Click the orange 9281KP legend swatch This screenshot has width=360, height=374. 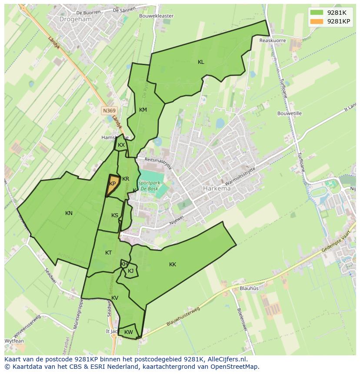tap(317, 21)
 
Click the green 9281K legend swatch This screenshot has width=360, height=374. tap(317, 13)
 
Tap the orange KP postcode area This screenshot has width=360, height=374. tap(112, 184)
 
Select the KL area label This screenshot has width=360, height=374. tap(201, 62)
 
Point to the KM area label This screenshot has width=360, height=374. tap(143, 110)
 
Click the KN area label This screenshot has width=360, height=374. tap(69, 213)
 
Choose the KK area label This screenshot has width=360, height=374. tap(173, 264)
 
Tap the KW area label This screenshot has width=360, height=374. tap(128, 332)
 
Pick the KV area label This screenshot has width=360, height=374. tap(115, 298)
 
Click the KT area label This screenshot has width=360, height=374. tap(108, 253)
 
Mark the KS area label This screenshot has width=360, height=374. tap(115, 215)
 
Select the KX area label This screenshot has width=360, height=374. tap(121, 145)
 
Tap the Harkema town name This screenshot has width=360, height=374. tap(217, 189)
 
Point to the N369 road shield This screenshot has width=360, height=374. tap(109, 111)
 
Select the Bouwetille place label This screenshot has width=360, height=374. tap(290, 113)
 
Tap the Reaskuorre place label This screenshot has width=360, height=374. tap(273, 40)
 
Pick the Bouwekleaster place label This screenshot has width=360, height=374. tap(156, 16)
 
